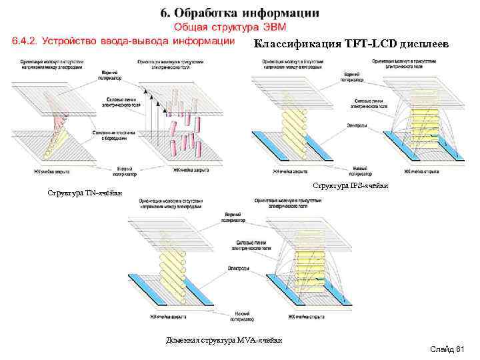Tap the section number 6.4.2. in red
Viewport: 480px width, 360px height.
click(x=26, y=41)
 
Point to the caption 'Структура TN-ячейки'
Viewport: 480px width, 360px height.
click(x=85, y=193)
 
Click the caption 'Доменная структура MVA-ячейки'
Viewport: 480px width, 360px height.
click(x=223, y=341)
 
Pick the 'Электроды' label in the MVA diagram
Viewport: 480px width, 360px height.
click(x=237, y=268)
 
